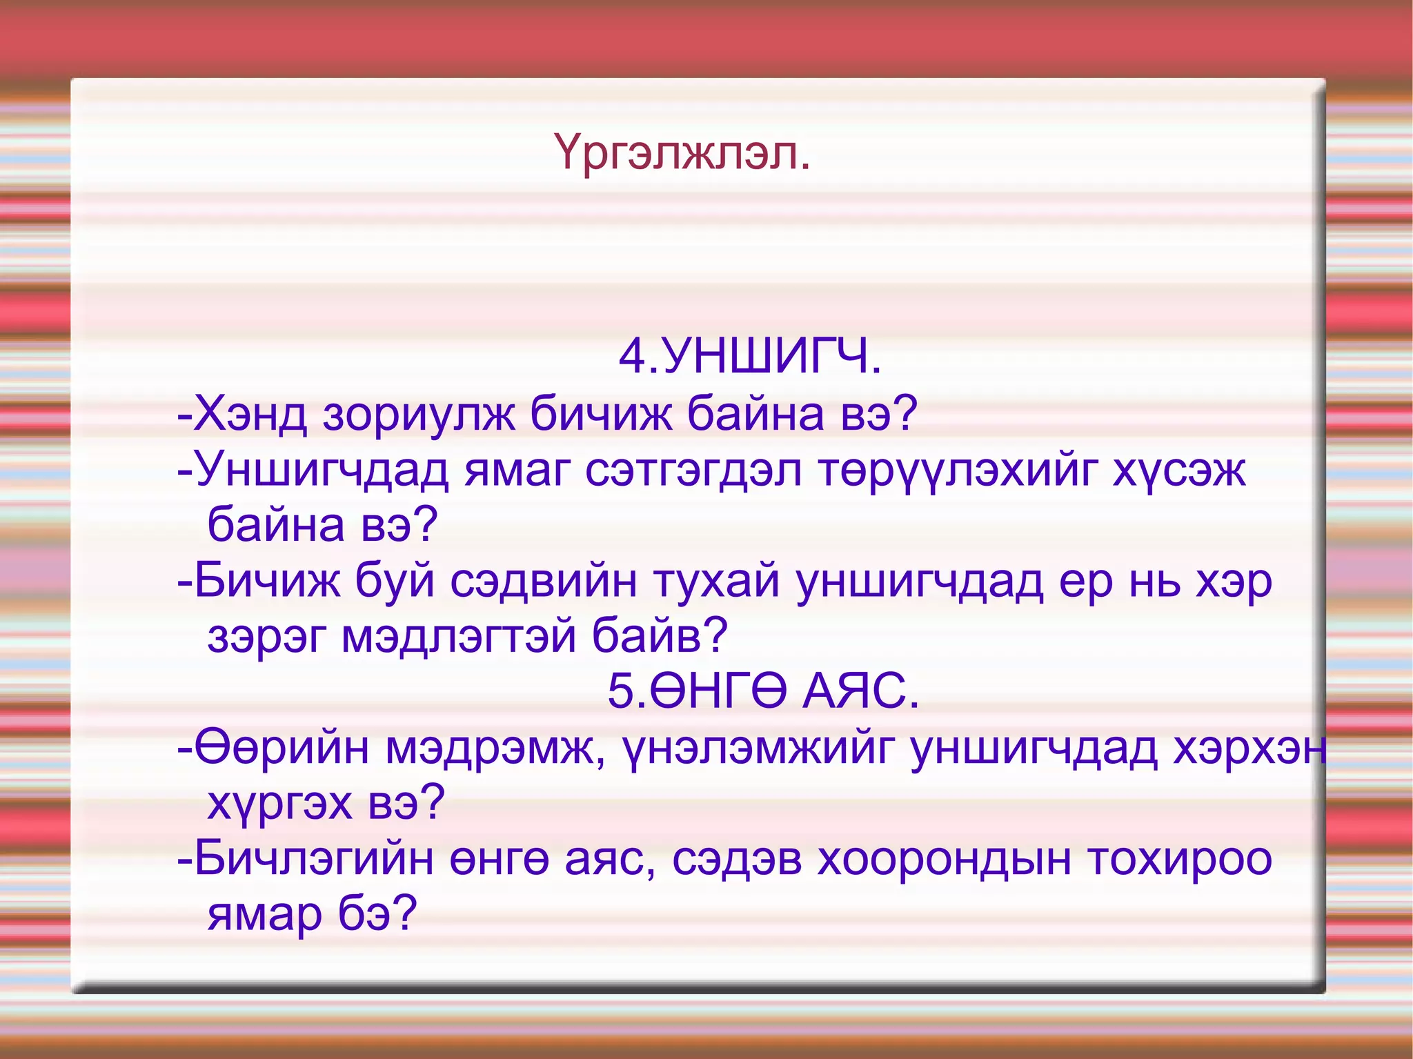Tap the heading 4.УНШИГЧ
pos(750,357)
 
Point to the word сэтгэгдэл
pos(693,471)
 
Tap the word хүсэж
pos(1178,471)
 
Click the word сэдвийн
pos(544,582)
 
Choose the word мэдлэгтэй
pos(458,636)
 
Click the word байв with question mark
pos(660,636)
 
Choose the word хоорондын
pos(945,860)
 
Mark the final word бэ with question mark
pos(377,914)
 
